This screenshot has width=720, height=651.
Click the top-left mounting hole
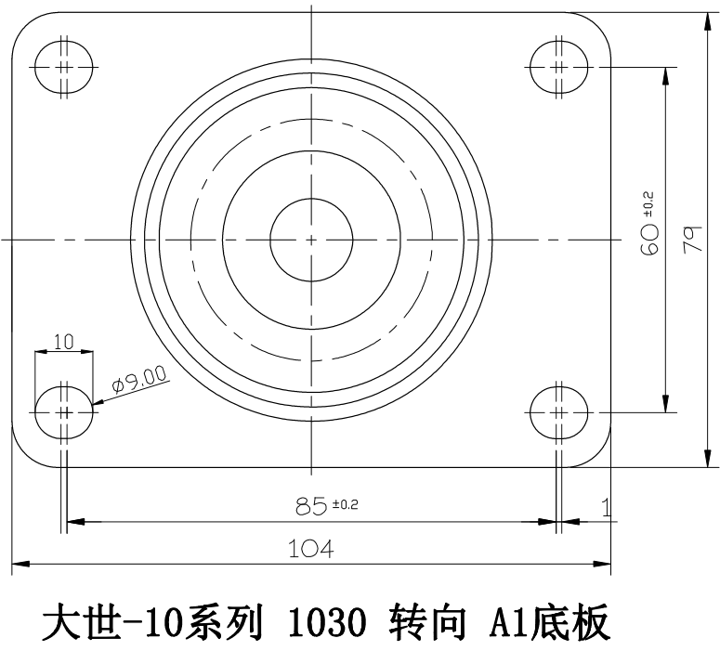[x=64, y=67]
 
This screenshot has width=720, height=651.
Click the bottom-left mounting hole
[x=64, y=410]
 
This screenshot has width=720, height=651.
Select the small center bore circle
[x=311, y=239]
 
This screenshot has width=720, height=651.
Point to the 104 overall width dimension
[x=311, y=549]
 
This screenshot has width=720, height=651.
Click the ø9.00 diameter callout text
[x=138, y=379]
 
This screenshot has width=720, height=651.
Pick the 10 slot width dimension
[x=63, y=341]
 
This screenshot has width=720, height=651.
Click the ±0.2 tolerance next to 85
[x=345, y=505]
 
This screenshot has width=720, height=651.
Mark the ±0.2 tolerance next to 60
[x=648, y=202]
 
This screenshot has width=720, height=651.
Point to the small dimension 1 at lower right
[x=606, y=507]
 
